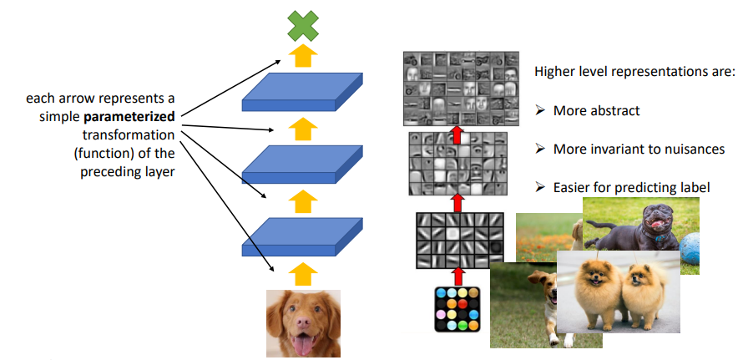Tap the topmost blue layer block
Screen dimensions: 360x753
coord(303,93)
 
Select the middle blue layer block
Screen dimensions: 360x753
coord(303,164)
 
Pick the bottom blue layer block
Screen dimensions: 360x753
coord(303,236)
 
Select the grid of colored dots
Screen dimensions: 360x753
coord(457,309)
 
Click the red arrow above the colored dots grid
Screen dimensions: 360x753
coord(457,276)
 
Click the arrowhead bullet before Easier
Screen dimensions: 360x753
coord(539,187)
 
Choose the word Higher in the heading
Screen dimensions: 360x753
coord(554,72)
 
